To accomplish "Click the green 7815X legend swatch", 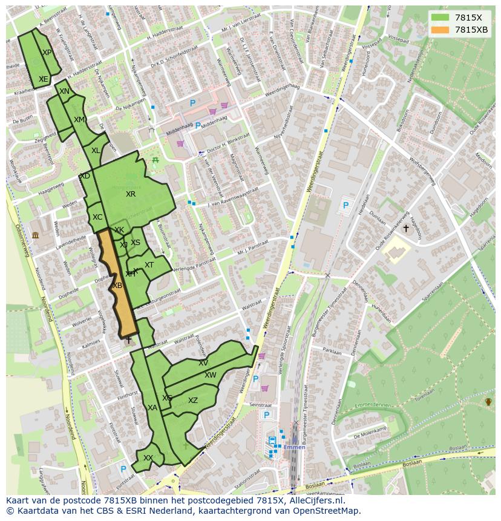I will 440,18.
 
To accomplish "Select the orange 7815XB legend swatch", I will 440,30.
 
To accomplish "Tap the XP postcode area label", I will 47,53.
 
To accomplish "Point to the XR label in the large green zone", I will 131,194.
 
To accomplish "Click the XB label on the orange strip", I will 117,286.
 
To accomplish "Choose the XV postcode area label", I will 203,363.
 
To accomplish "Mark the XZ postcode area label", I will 192,401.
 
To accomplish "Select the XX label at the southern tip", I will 148,458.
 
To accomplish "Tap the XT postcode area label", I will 149,265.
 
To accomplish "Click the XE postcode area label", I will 43,79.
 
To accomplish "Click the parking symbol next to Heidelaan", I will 345,206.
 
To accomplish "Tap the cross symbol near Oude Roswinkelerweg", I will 405,229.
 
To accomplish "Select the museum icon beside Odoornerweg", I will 35,235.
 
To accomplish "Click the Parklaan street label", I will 332,350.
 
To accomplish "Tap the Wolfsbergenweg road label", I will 414,171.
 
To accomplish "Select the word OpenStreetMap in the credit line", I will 326,511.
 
